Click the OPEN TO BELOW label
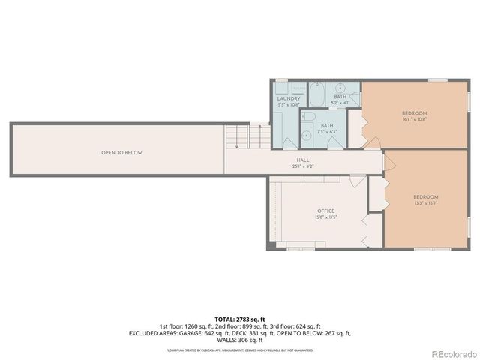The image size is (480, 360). (x=121, y=153)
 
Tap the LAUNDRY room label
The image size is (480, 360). (x=289, y=98)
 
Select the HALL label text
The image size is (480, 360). (x=303, y=160)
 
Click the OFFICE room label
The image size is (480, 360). (x=325, y=211)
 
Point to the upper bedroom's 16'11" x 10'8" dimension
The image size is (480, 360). (x=414, y=118)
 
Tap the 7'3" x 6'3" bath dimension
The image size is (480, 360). (x=327, y=131)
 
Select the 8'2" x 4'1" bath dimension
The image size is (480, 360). (x=340, y=102)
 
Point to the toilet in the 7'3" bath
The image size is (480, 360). (x=307, y=136)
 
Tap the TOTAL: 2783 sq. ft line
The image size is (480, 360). (x=239, y=319)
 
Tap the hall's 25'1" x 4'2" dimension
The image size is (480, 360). (x=303, y=166)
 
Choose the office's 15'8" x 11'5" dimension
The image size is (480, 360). (x=325, y=217)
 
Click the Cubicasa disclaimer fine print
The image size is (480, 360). (x=240, y=349)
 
